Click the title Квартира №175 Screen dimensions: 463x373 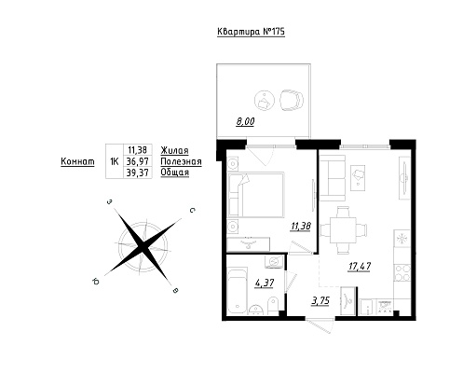(x=251, y=32)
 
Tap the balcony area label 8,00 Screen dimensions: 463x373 (x=245, y=122)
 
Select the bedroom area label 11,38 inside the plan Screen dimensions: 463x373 (x=301, y=227)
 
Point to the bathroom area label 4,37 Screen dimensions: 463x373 (x=264, y=283)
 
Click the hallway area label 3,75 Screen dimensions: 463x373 (x=320, y=301)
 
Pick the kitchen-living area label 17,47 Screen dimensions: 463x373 (x=360, y=267)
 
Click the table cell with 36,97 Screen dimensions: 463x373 (x=138, y=161)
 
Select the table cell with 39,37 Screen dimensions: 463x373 (x=138, y=173)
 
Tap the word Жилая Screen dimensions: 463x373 (x=174, y=151)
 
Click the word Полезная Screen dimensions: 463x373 (x=181, y=161)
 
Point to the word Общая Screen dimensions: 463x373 (x=175, y=173)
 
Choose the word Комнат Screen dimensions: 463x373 (x=77, y=161)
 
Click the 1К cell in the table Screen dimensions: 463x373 (x=115, y=161)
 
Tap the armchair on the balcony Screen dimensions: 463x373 (x=292, y=100)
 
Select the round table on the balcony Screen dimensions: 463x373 (x=265, y=100)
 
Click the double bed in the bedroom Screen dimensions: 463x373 (x=256, y=194)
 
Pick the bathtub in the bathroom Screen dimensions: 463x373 (x=238, y=292)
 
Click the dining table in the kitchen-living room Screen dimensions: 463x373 (x=343, y=230)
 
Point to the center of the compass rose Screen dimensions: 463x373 (x=143, y=246)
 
